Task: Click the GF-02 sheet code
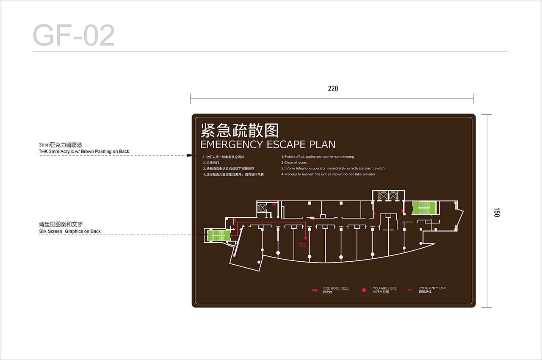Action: [74, 36]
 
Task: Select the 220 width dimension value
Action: [333, 89]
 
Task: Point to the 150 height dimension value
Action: [497, 212]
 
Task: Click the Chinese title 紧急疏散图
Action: [240, 130]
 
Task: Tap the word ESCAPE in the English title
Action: [286, 144]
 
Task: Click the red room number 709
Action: [302, 245]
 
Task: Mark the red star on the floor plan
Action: [305, 238]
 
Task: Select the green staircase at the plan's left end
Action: [218, 235]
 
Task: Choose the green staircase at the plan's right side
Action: [424, 208]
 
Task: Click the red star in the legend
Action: [364, 290]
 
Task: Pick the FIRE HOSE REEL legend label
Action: [335, 288]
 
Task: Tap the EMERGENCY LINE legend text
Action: [432, 288]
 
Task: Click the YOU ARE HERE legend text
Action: [385, 288]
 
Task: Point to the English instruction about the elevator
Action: [329, 174]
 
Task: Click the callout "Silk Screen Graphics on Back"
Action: [70, 231]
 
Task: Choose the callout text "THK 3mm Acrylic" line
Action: [84, 151]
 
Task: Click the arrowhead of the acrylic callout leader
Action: [189, 156]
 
